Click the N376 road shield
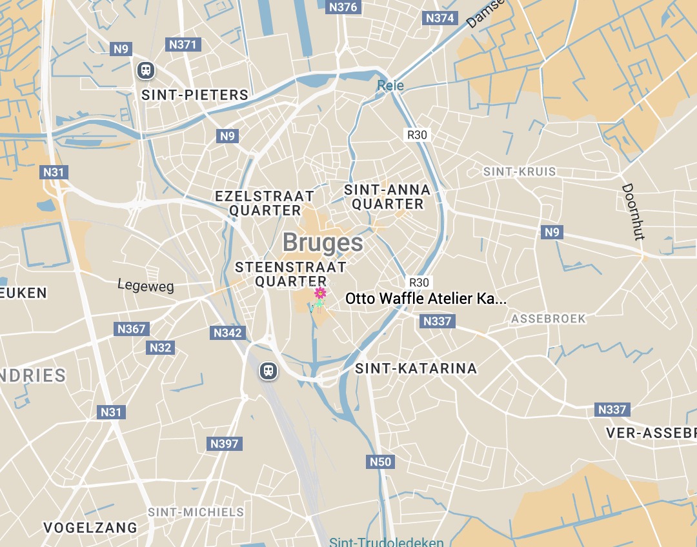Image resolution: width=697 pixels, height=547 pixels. tap(343, 7)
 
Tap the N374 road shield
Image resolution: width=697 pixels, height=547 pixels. tap(439, 18)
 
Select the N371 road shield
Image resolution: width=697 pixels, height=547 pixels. tap(183, 44)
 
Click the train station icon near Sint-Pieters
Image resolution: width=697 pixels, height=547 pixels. tap(146, 70)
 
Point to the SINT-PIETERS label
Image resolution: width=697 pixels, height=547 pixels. tap(195, 95)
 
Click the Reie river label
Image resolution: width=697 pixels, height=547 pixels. tap(390, 85)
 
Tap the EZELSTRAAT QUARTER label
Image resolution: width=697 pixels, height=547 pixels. tap(265, 203)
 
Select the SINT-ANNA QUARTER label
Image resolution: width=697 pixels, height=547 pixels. tap(387, 197)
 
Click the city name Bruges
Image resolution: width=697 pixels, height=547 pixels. tap(323, 243)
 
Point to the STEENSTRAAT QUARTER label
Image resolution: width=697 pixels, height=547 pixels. tap(290, 274)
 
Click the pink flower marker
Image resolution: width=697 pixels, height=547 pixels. tap(320, 294)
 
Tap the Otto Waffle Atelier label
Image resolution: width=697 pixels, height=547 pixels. tap(426, 299)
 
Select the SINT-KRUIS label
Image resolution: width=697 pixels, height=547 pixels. tap(520, 172)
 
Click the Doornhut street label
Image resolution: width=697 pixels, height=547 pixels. tap(633, 212)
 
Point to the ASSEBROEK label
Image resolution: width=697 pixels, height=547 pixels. tap(549, 319)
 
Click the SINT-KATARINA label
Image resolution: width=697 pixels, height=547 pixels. tap(416, 368)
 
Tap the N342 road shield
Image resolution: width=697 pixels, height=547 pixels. tap(227, 333)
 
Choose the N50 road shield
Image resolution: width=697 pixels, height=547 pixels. tap(381, 462)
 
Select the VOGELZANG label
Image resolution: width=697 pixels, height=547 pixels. tap(90, 528)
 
